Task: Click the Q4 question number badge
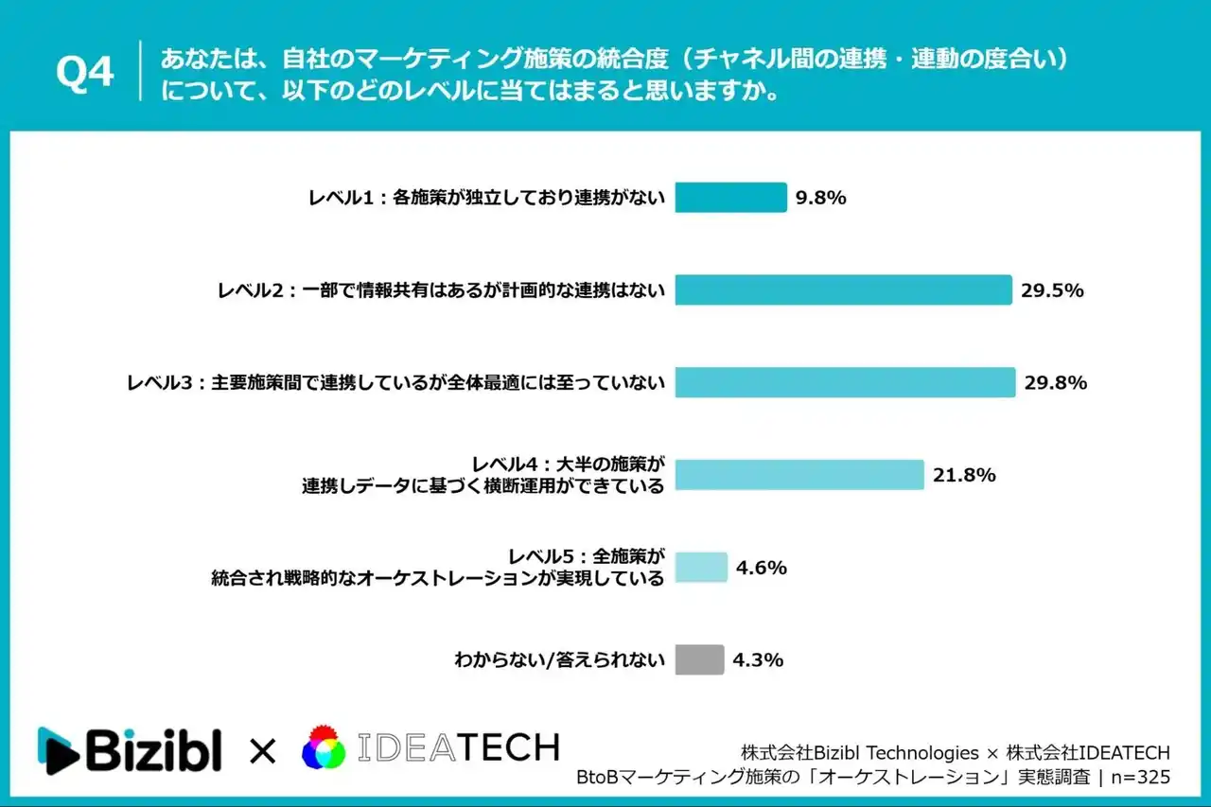pyautogui.click(x=85, y=73)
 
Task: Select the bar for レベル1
pyautogui.click(x=730, y=198)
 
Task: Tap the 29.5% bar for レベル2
pyautogui.click(x=843, y=290)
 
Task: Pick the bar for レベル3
pyautogui.click(x=845, y=382)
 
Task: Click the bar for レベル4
pyautogui.click(x=799, y=475)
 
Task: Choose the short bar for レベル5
pyautogui.click(x=701, y=568)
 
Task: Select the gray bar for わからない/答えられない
pyautogui.click(x=699, y=660)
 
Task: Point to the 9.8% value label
pyautogui.click(x=820, y=199)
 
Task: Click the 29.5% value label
pyautogui.click(x=1052, y=290)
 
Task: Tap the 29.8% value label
pyautogui.click(x=1055, y=383)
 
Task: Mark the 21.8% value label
pyautogui.click(x=964, y=475)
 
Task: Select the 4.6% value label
pyautogui.click(x=762, y=568)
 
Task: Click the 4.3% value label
pyautogui.click(x=758, y=660)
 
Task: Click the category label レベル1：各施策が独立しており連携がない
pyautogui.click(x=486, y=199)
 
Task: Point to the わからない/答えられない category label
pyautogui.click(x=560, y=660)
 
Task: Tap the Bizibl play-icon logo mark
pyautogui.click(x=58, y=751)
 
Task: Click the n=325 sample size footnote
pyautogui.click(x=1138, y=777)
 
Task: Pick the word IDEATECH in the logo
pyautogui.click(x=459, y=748)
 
